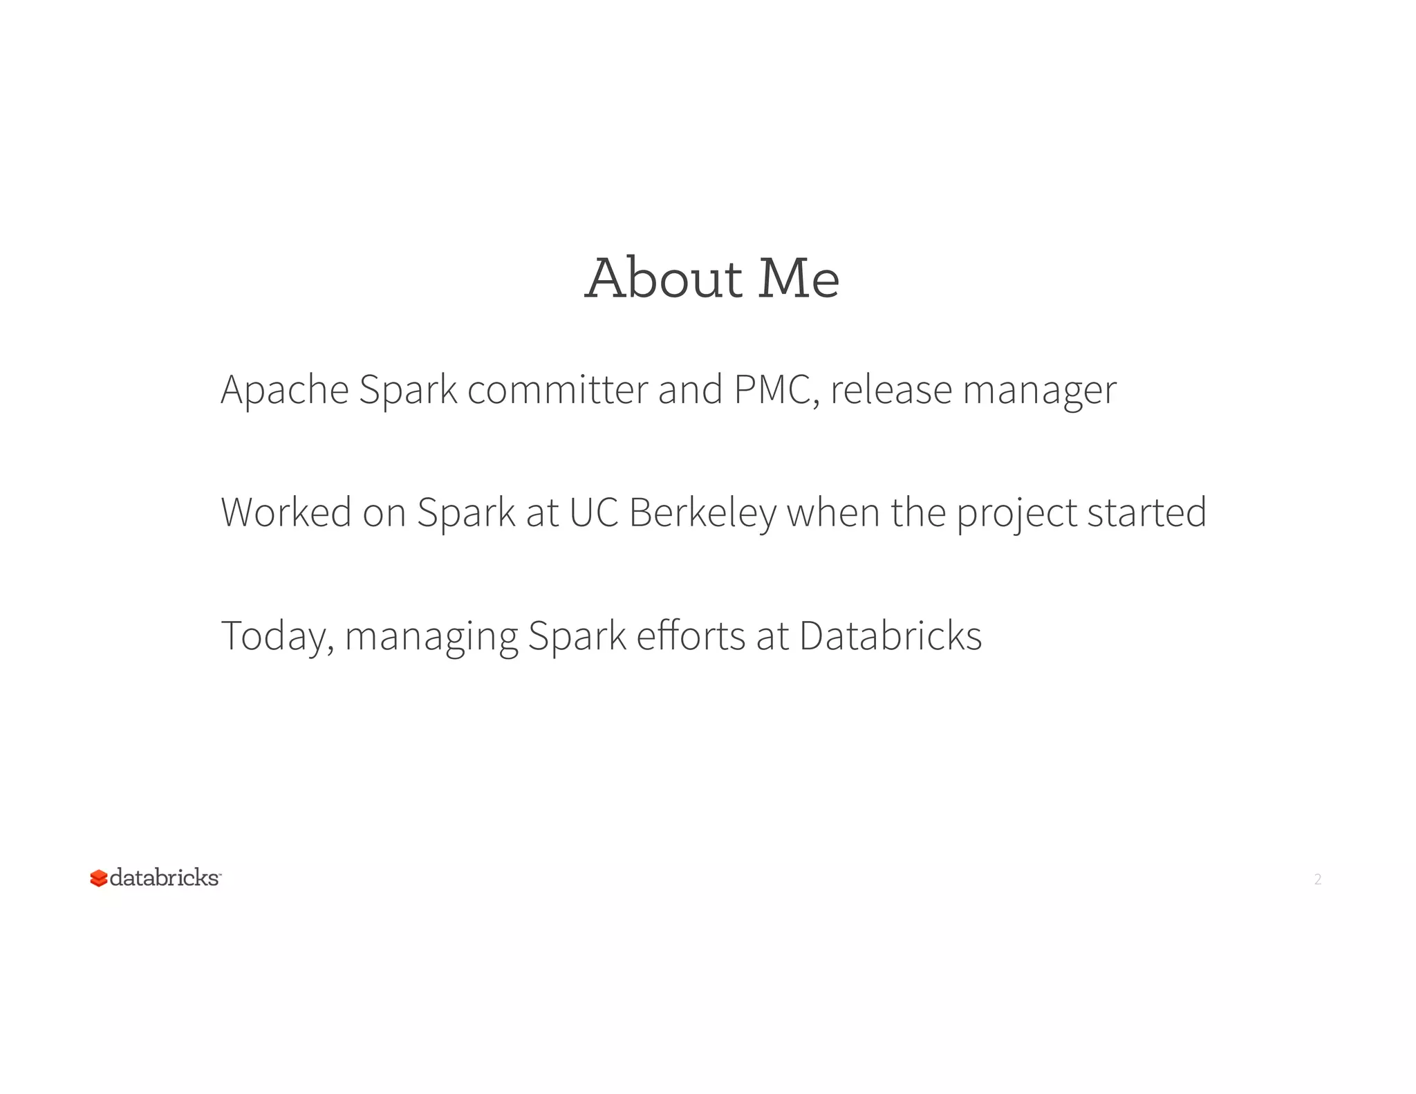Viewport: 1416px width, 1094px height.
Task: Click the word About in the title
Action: pyautogui.click(x=664, y=278)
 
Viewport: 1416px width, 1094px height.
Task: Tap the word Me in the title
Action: pyautogui.click(x=799, y=278)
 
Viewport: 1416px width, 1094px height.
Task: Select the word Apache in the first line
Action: pyautogui.click(x=285, y=390)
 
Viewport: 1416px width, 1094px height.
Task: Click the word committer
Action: pyautogui.click(x=558, y=390)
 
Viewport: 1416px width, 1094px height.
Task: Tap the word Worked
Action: pyautogui.click(x=286, y=512)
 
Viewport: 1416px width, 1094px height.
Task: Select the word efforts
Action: pyautogui.click(x=691, y=636)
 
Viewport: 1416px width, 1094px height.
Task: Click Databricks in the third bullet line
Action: pyautogui.click(x=891, y=636)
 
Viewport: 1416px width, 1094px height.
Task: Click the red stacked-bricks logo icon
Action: pyautogui.click(x=99, y=878)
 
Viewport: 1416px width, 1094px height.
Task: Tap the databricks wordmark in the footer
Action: pyautogui.click(x=165, y=878)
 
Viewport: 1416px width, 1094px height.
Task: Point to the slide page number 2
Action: pyautogui.click(x=1318, y=879)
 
